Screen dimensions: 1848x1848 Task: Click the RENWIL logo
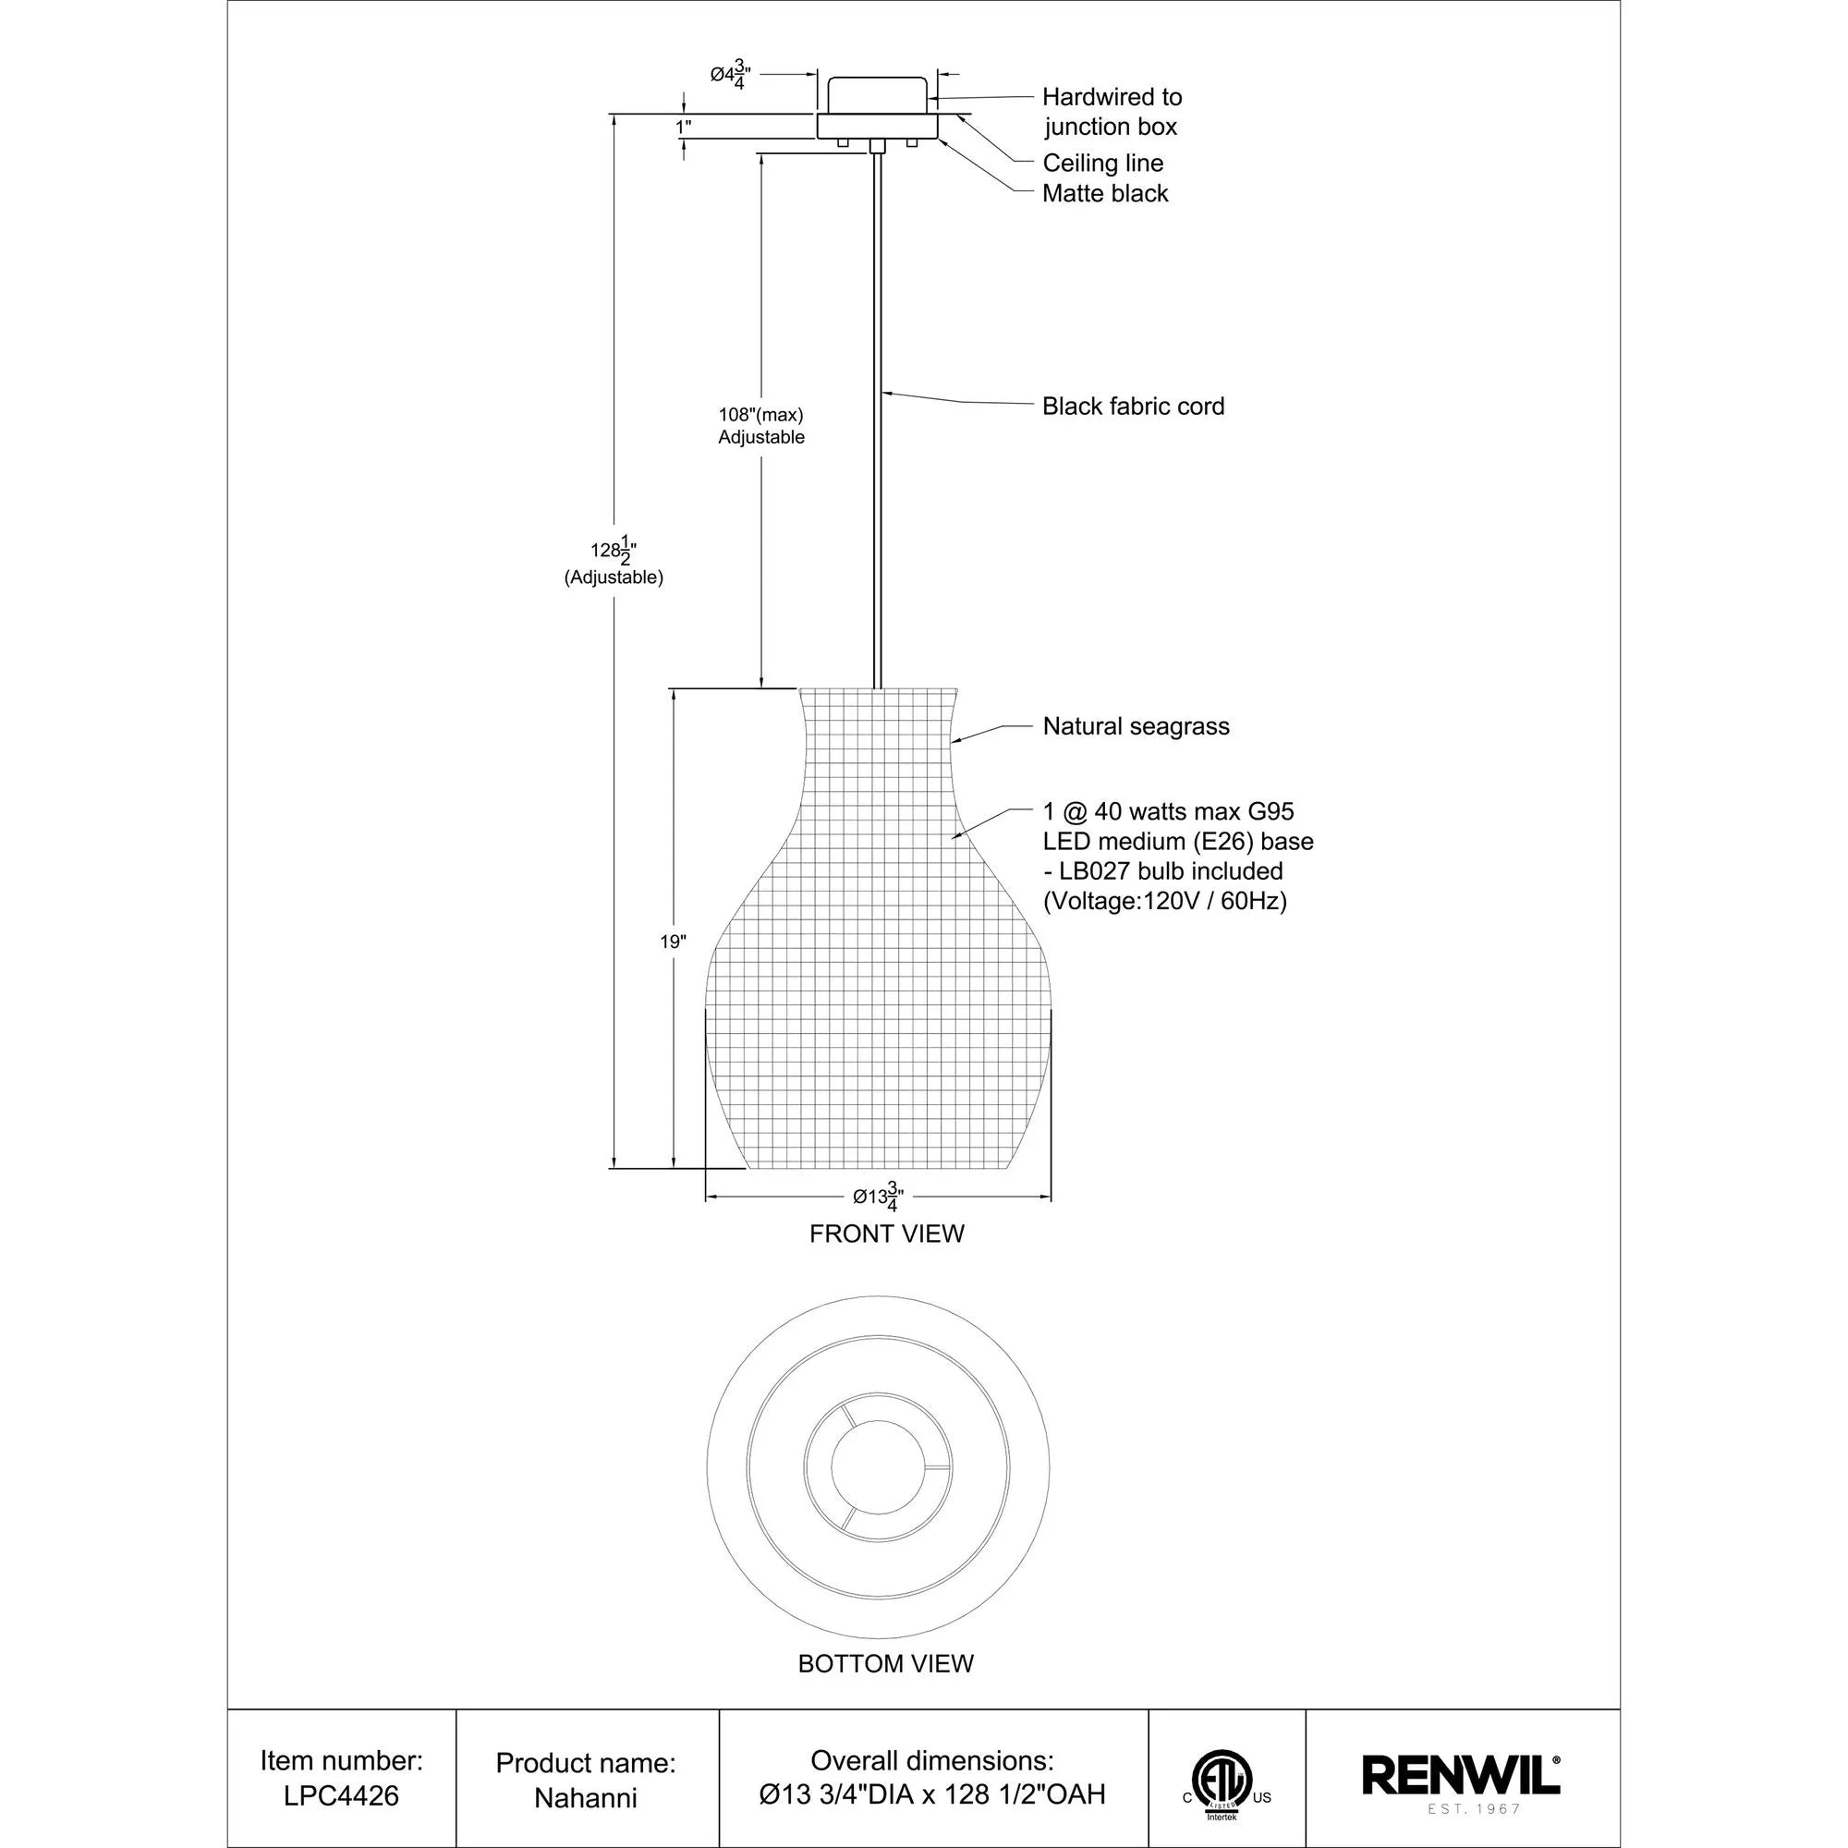(x=1461, y=1775)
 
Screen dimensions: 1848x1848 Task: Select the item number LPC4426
(x=341, y=1795)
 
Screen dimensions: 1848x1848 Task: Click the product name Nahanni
(x=586, y=1797)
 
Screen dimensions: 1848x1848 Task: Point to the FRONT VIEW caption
(x=887, y=1234)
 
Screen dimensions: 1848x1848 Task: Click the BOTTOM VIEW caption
(x=886, y=1663)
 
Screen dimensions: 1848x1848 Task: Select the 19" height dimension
(x=673, y=942)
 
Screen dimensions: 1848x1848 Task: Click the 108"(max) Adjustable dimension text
(x=761, y=426)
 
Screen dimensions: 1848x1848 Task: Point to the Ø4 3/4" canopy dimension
(x=730, y=75)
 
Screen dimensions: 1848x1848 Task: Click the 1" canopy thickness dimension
(x=683, y=128)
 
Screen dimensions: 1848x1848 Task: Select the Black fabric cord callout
(x=1133, y=407)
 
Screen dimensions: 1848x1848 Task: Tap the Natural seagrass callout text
(x=1136, y=726)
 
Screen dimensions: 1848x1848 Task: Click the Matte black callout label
(x=1105, y=193)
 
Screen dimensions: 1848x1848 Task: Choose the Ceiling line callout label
(x=1102, y=163)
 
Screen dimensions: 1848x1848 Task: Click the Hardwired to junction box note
(x=1112, y=112)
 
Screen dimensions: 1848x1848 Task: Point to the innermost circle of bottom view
(x=878, y=1467)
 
